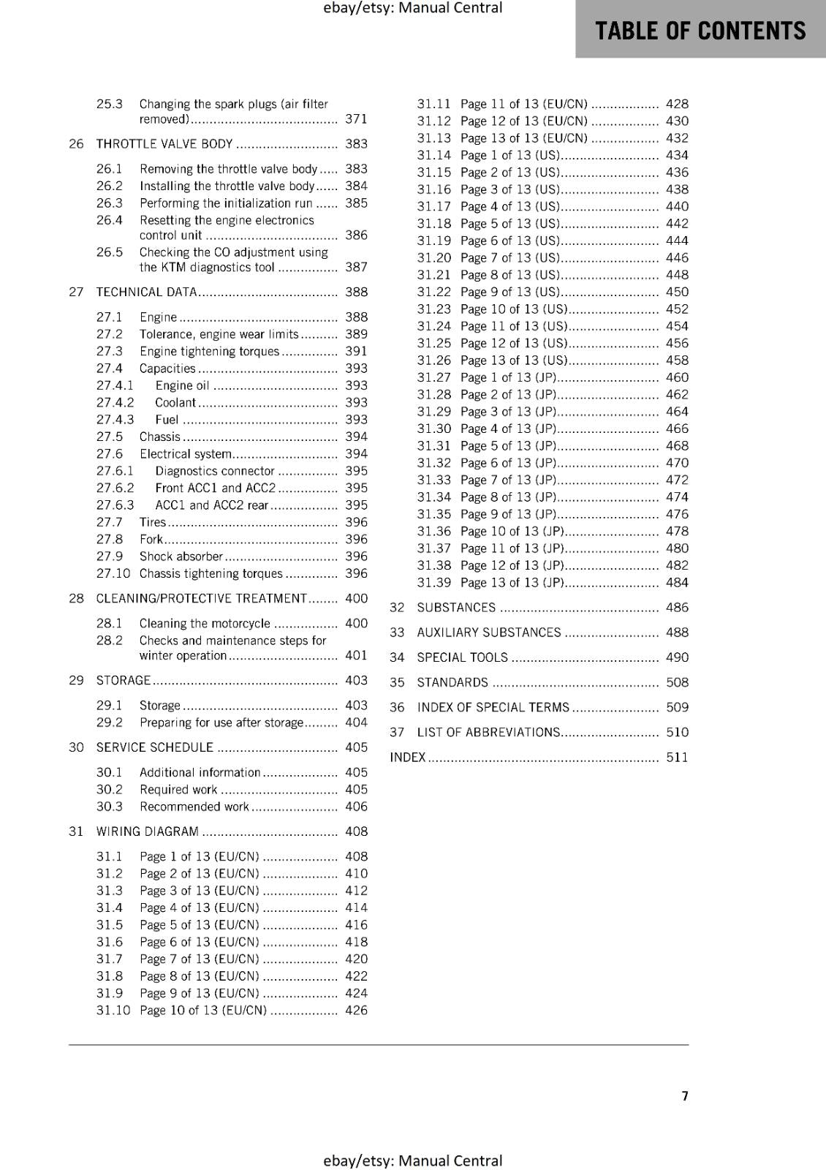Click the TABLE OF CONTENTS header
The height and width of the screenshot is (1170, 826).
(x=700, y=31)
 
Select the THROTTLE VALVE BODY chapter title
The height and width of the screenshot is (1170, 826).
(x=164, y=144)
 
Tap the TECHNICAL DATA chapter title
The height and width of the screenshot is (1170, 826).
(x=146, y=292)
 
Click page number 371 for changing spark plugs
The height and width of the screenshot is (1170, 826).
(x=356, y=118)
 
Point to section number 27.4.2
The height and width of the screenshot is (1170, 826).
(x=115, y=402)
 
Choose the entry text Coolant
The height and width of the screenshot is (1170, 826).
(x=175, y=402)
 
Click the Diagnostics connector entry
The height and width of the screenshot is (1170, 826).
(x=215, y=471)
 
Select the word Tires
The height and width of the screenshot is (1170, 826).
(x=153, y=522)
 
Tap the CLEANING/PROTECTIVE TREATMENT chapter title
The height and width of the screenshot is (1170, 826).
(x=202, y=598)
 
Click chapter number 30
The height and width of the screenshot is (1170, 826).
(x=76, y=747)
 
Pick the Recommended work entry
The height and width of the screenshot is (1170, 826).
(x=194, y=807)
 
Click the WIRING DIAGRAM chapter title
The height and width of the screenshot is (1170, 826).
(x=148, y=831)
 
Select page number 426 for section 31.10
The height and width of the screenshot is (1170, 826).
(x=356, y=1010)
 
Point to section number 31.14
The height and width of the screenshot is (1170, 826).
(x=433, y=155)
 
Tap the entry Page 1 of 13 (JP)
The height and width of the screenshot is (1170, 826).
(x=509, y=377)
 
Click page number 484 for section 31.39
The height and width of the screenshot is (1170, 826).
(x=677, y=582)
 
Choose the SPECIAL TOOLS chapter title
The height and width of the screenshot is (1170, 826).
(x=462, y=657)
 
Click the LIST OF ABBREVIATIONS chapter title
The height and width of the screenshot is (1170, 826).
(x=488, y=732)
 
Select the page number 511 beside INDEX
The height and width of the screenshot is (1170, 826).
(x=677, y=757)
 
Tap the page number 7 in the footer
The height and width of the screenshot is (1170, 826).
(x=685, y=1095)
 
